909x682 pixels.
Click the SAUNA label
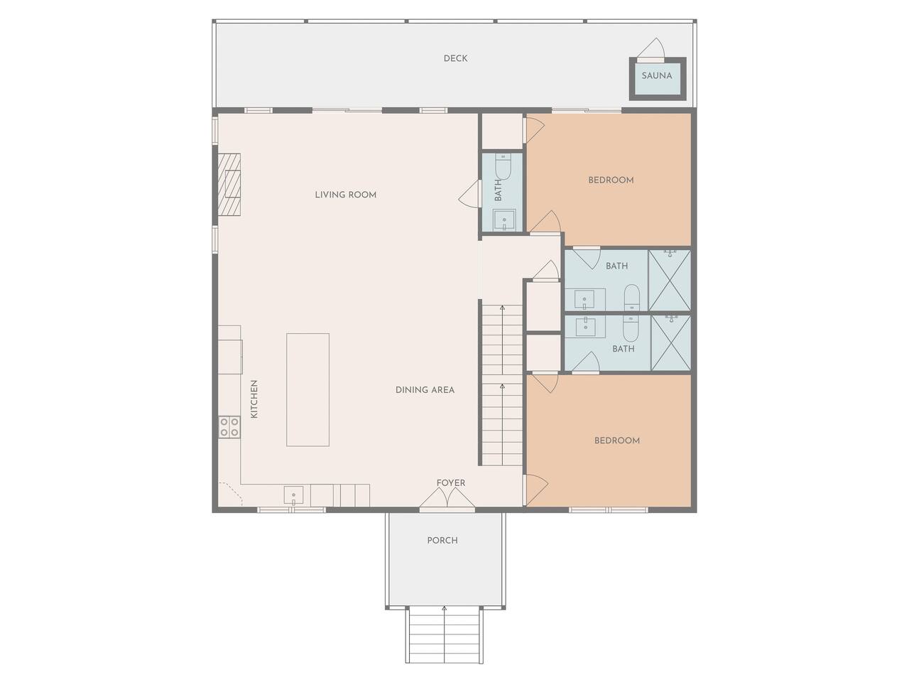click(656, 76)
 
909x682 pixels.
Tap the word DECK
click(455, 58)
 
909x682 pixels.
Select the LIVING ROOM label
click(345, 195)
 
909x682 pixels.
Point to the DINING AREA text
click(425, 389)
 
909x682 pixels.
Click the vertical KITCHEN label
click(254, 399)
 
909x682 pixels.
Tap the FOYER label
click(450, 483)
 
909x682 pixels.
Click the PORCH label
click(442, 541)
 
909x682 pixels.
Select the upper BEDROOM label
click(611, 180)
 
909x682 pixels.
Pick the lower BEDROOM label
click(617, 440)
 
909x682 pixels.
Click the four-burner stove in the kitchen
click(229, 427)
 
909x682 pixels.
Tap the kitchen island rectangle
click(307, 389)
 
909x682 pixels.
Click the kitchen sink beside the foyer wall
click(293, 495)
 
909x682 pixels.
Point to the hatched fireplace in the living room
click(229, 185)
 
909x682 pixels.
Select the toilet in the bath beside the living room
click(503, 166)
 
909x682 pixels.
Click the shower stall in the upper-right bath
click(669, 280)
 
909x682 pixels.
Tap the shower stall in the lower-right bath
click(671, 343)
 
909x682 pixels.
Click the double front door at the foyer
click(447, 497)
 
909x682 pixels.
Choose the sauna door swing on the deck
click(651, 49)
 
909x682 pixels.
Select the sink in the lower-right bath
click(585, 326)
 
